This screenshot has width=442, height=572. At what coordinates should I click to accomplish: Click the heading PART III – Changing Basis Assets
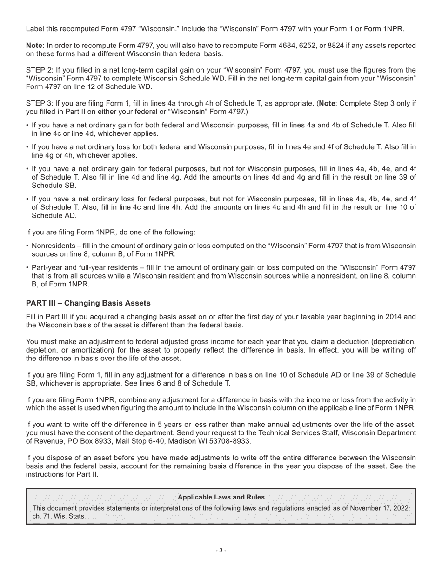(x=88, y=303)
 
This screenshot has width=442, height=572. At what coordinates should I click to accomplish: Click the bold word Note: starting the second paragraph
(x=35, y=46)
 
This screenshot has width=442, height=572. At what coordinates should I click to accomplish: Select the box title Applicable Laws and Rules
(x=221, y=497)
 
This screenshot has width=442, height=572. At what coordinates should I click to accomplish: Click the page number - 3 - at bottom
(x=221, y=551)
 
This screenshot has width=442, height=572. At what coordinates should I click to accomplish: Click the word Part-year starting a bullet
(x=47, y=268)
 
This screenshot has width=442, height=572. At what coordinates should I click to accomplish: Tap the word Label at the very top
(x=35, y=29)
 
